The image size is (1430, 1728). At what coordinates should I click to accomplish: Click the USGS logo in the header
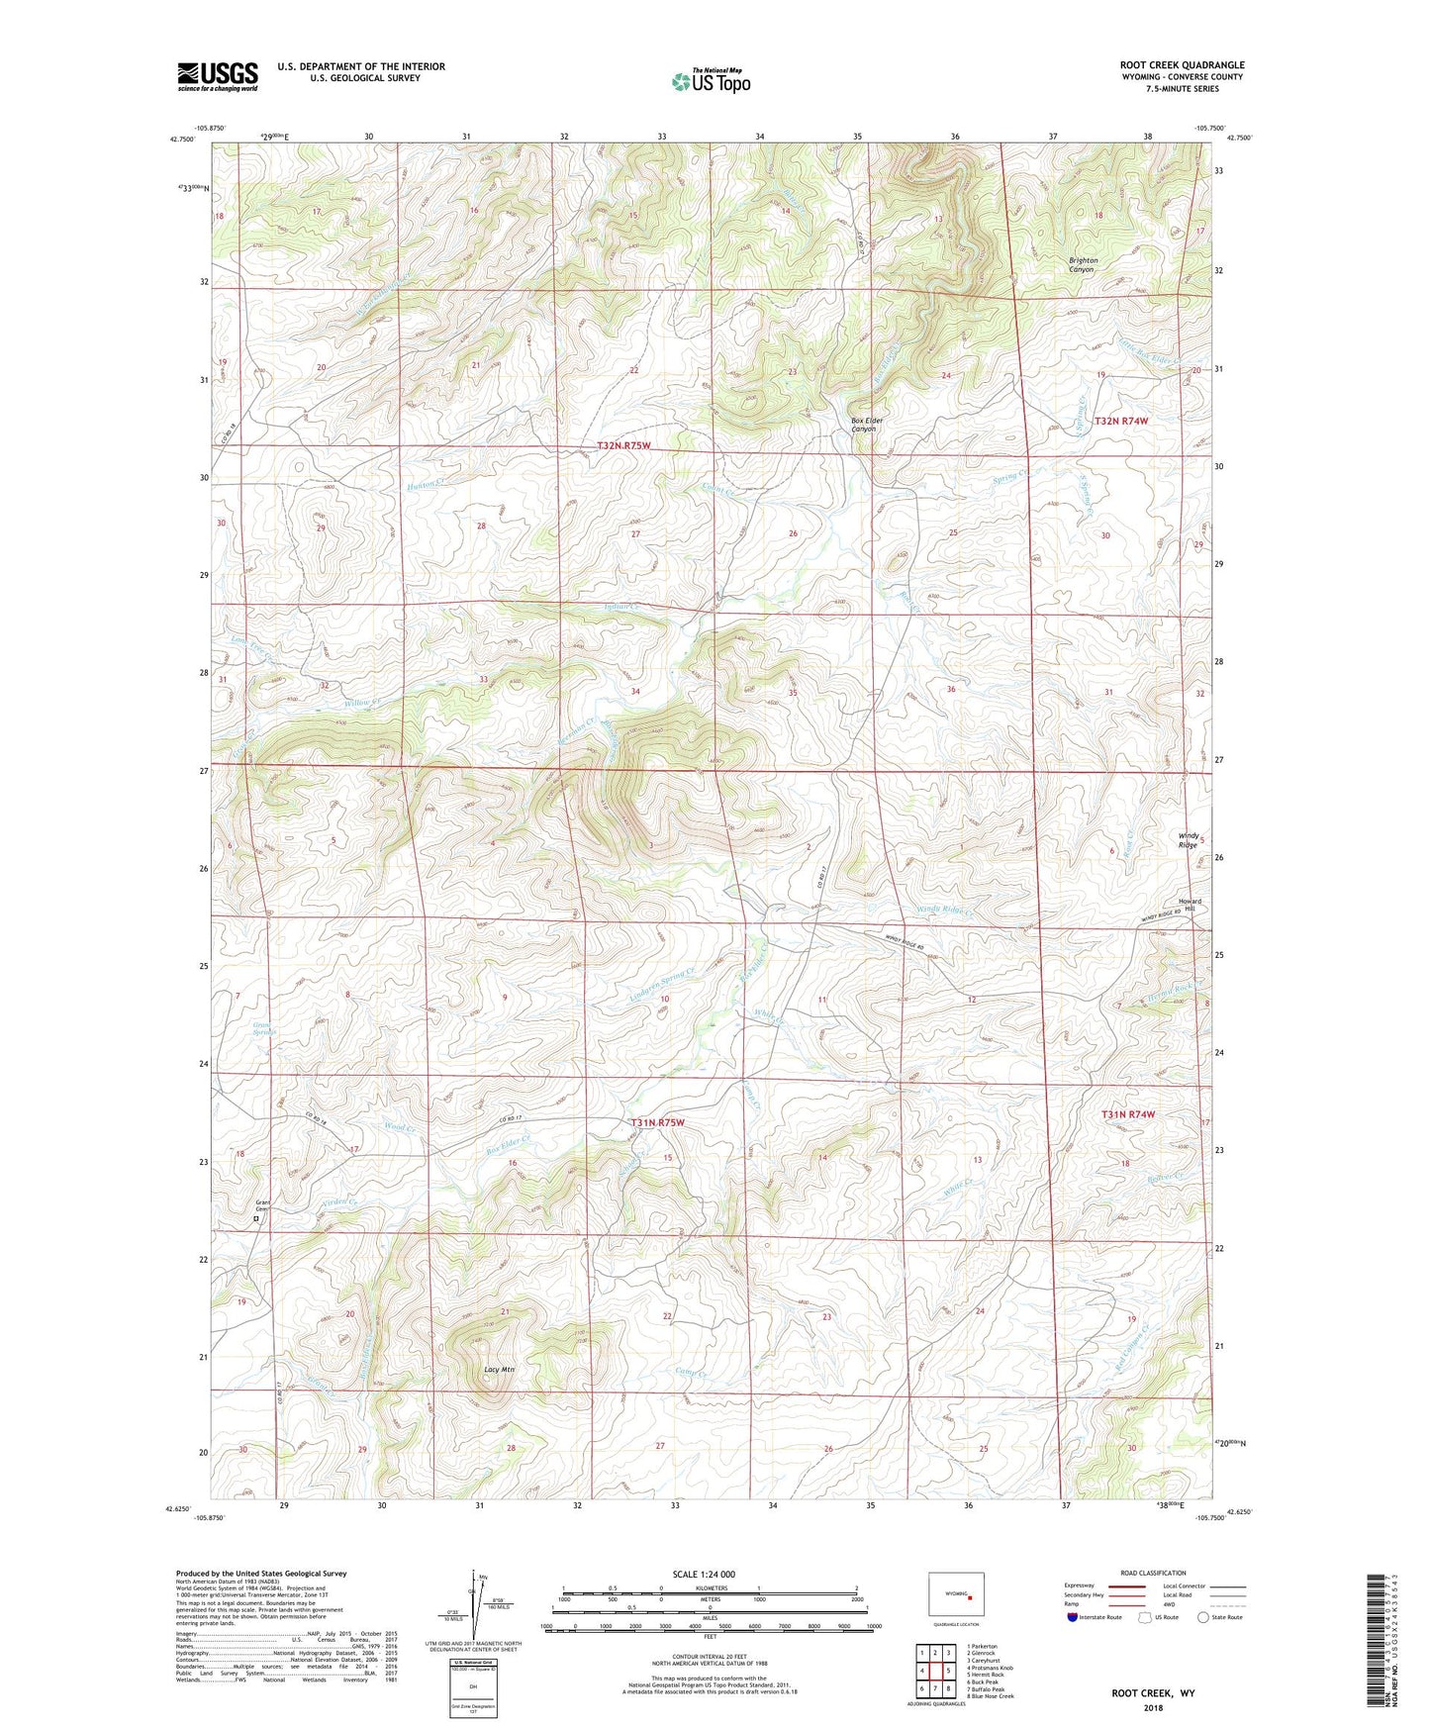pos(218,76)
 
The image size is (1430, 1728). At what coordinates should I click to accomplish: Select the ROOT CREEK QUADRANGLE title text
pos(1182,65)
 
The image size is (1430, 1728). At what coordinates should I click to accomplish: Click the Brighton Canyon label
pos(1083,264)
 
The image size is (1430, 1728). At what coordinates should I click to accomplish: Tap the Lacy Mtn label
pos(500,1370)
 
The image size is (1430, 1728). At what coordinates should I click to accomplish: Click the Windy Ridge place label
pos(1188,840)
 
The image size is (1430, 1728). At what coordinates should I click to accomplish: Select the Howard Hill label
pos(1190,906)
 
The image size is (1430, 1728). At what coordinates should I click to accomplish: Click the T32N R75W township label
pos(623,446)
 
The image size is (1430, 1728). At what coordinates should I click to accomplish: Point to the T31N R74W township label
pos(1128,1114)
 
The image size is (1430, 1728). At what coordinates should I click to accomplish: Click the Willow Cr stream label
pos(362,703)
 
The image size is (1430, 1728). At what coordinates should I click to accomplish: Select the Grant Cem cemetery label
pos(262,1206)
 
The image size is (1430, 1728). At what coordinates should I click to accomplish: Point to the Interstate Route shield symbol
pos(1073,1617)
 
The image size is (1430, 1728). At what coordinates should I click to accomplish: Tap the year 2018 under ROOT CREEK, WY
pos(1153,1707)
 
